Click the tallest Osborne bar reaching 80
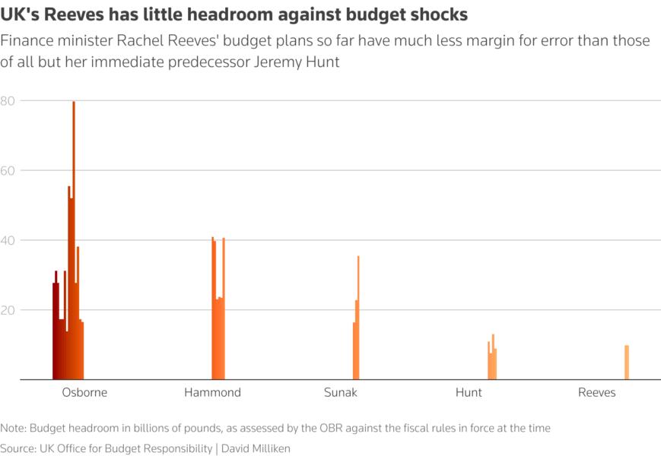74,243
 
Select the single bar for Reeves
627,363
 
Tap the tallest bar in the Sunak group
358,319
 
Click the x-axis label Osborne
84,393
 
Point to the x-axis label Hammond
212,393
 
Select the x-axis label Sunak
340,393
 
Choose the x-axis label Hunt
469,393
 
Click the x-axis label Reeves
596,393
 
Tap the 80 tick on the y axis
8,100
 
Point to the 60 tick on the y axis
8,170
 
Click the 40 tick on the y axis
8,240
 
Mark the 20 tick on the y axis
8,310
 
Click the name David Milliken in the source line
256,448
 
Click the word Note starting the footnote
12,428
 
